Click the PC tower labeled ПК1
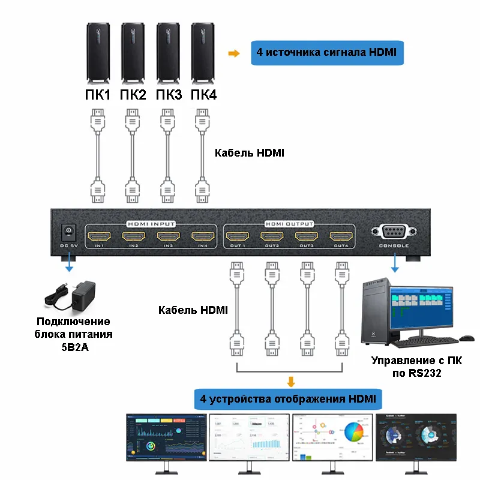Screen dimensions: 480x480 (98, 54)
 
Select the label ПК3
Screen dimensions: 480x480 (168, 95)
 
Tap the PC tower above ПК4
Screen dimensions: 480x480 (203, 54)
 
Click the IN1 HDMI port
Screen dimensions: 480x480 (98, 236)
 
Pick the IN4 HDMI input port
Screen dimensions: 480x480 (203, 236)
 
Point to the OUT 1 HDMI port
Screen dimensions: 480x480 (237, 236)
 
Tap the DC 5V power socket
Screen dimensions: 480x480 (68, 231)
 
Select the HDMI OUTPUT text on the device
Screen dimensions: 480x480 (289, 223)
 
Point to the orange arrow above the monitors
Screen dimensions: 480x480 (291, 382)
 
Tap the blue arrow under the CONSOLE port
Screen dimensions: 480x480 (394, 264)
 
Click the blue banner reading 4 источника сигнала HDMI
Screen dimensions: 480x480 (327, 53)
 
